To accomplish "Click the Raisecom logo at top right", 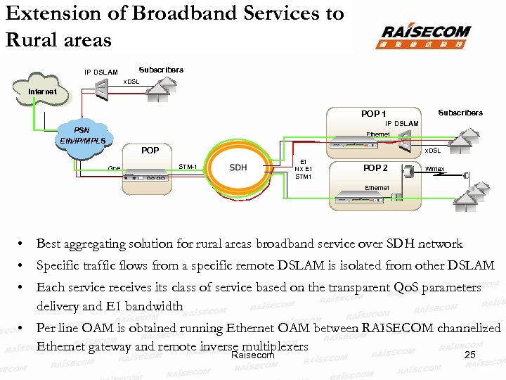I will (425, 35).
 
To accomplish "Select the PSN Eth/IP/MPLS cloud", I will (82, 136).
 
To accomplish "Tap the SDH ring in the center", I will (238, 167).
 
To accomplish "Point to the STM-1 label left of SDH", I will (188, 167).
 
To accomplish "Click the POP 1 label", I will (373, 113).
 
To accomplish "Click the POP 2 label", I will (375, 168).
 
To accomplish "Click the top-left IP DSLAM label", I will (101, 72).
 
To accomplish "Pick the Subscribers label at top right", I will (460, 113).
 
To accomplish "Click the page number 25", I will (470, 355).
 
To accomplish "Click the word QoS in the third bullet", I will (396, 288).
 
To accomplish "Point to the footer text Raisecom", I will (252, 355).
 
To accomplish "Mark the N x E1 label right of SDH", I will (303, 169).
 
